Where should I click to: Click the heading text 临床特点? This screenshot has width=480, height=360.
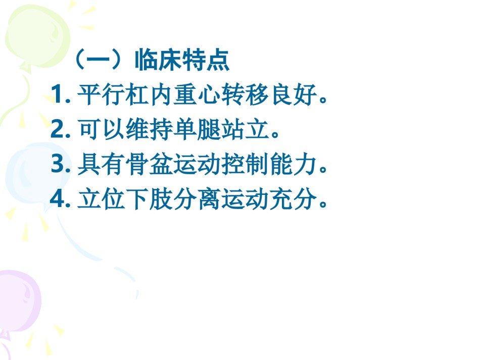182,60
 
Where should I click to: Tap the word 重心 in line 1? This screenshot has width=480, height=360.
197,94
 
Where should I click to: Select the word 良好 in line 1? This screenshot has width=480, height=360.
293,94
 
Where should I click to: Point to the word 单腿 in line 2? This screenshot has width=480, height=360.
197,129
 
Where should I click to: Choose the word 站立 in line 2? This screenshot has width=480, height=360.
245,129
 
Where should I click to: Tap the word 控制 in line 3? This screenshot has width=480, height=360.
245,164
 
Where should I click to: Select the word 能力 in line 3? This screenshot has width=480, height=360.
293,164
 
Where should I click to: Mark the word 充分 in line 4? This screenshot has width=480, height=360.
293,199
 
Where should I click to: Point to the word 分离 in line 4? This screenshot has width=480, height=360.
197,199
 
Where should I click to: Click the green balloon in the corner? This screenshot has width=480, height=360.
37,37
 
